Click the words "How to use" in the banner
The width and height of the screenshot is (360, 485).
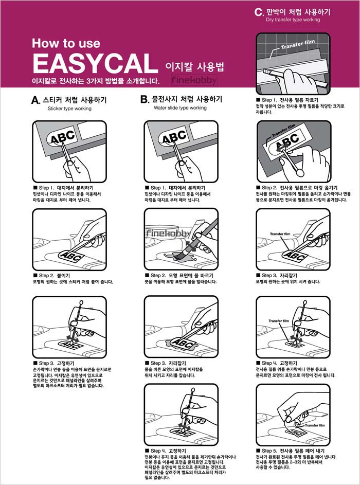pos(66,43)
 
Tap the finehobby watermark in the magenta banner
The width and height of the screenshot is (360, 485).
pos(194,80)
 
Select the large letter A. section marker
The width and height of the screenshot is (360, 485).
pos(35,100)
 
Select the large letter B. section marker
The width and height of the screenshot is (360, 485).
pos(145,99)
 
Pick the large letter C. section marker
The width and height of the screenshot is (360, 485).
pos(259,12)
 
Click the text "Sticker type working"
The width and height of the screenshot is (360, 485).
pos(69,109)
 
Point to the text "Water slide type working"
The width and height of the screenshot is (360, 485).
pos(180,108)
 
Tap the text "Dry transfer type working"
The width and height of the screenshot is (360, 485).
pos(293,20)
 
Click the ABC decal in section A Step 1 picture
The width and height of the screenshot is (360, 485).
pos(62,137)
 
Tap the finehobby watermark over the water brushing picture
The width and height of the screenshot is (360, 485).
pos(169,233)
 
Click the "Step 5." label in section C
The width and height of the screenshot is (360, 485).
pos(269,451)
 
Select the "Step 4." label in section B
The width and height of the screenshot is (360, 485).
pos(159,451)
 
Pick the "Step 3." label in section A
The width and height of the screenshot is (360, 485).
pos(47,363)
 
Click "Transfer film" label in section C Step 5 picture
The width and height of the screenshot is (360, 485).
pos(315,425)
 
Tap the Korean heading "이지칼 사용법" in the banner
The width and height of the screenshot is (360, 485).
pos(195,66)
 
